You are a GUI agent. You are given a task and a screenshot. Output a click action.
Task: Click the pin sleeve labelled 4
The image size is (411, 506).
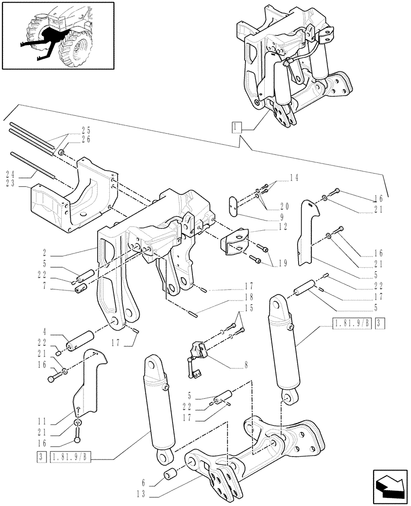83,338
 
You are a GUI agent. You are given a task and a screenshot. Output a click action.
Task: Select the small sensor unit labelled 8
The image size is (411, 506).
198,350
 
